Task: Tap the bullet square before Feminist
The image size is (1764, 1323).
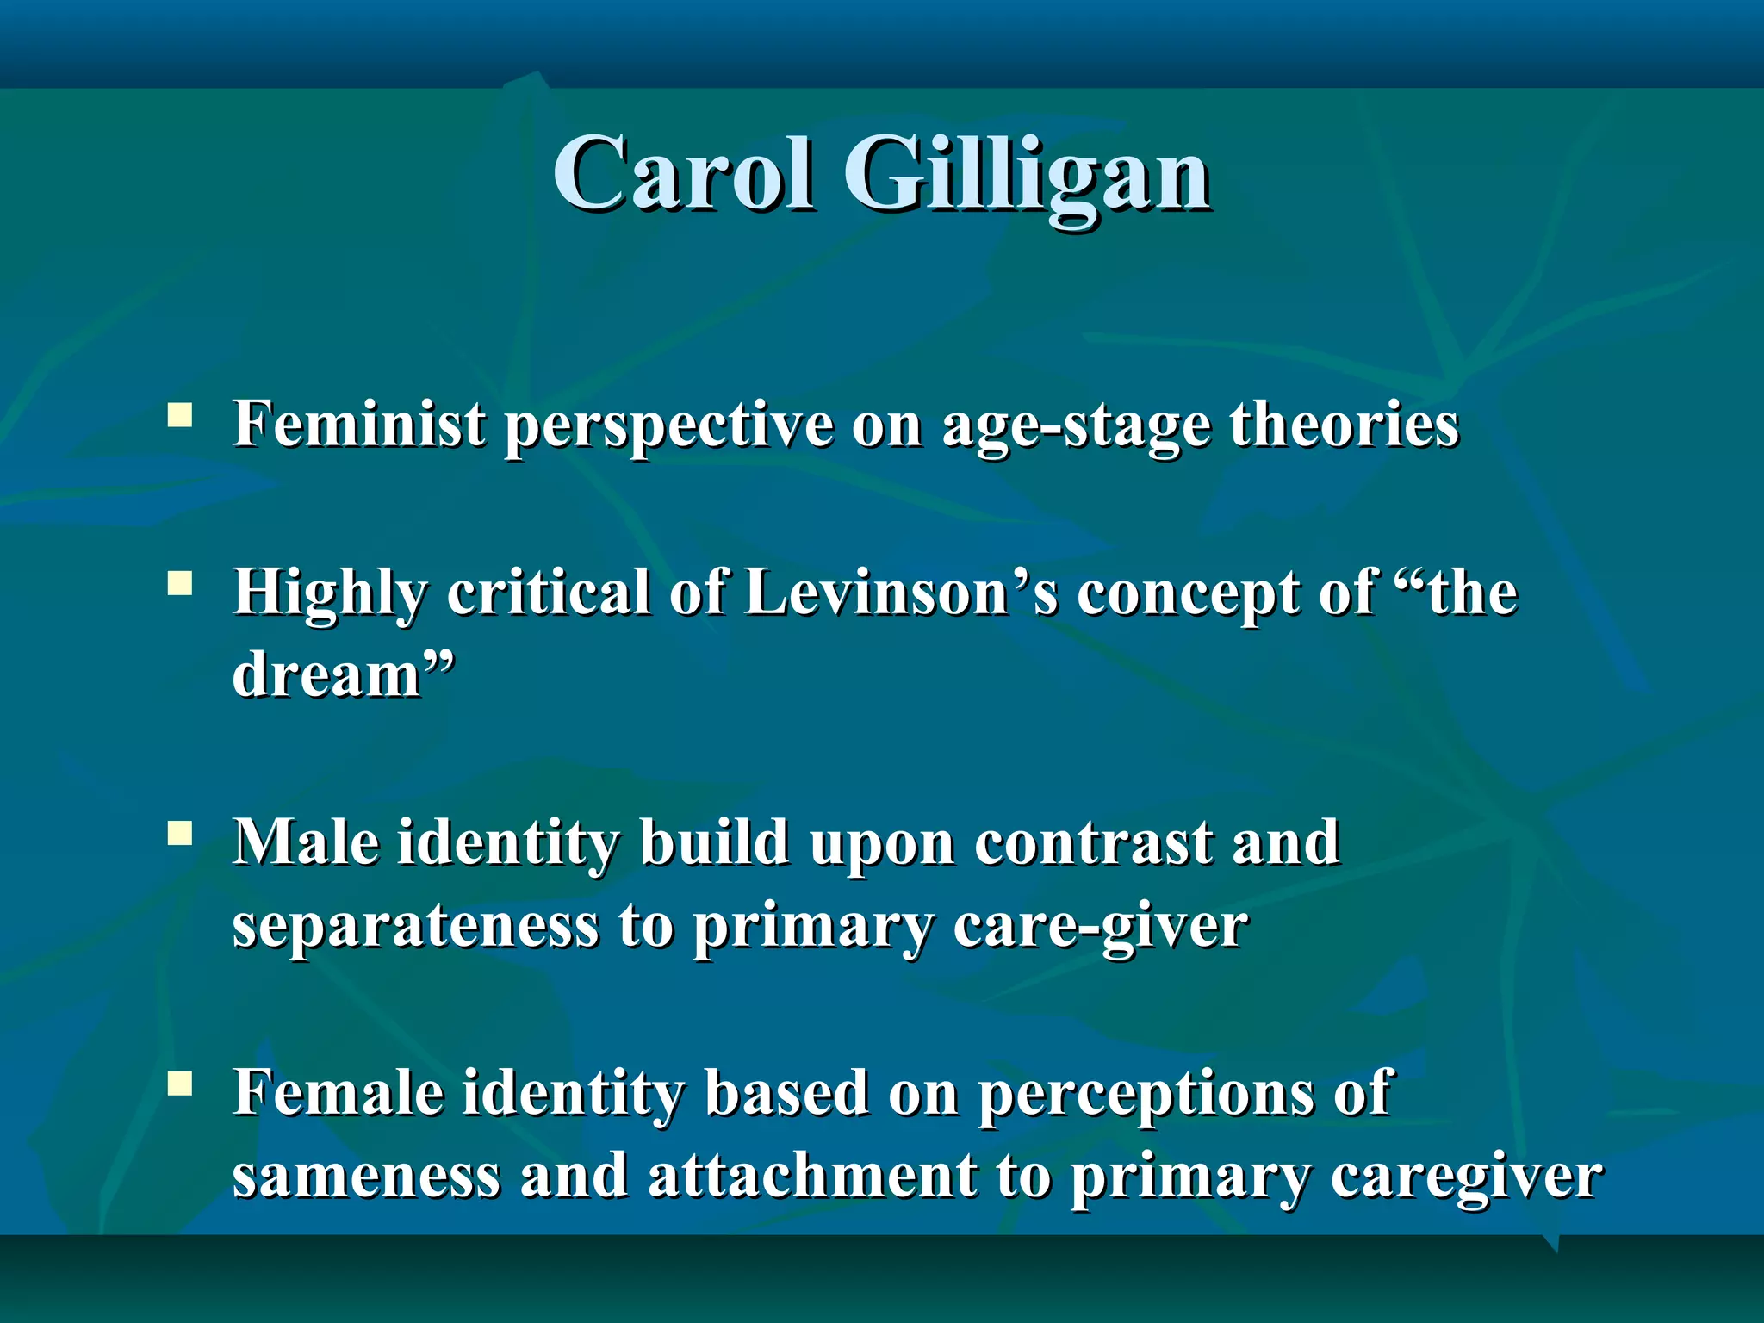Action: pos(180,416)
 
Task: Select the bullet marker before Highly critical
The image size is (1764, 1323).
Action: pos(180,585)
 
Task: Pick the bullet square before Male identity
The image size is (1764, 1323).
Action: pos(180,833)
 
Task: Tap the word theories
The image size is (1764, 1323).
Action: pos(1345,425)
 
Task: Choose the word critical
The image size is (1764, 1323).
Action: pos(549,593)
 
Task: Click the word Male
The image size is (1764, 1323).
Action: pos(306,842)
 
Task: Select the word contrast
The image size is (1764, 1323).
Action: pos(1094,843)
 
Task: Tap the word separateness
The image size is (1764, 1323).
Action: pos(415,926)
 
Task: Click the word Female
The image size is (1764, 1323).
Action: pos(339,1093)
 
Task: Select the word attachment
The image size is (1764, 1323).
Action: pos(813,1176)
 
